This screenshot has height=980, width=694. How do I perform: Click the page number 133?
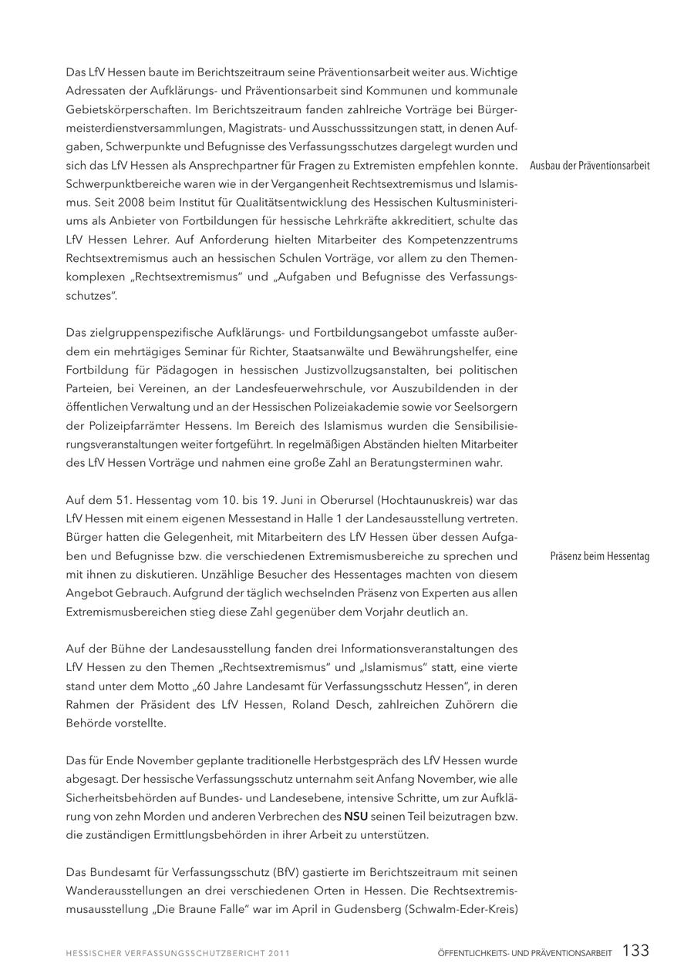coord(635,951)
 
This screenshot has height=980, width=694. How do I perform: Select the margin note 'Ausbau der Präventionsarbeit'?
coord(590,166)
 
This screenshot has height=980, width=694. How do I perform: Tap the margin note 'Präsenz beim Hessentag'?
coord(600,556)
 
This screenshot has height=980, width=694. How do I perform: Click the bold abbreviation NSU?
coord(355,816)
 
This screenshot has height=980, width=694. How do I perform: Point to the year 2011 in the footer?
coord(279,953)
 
